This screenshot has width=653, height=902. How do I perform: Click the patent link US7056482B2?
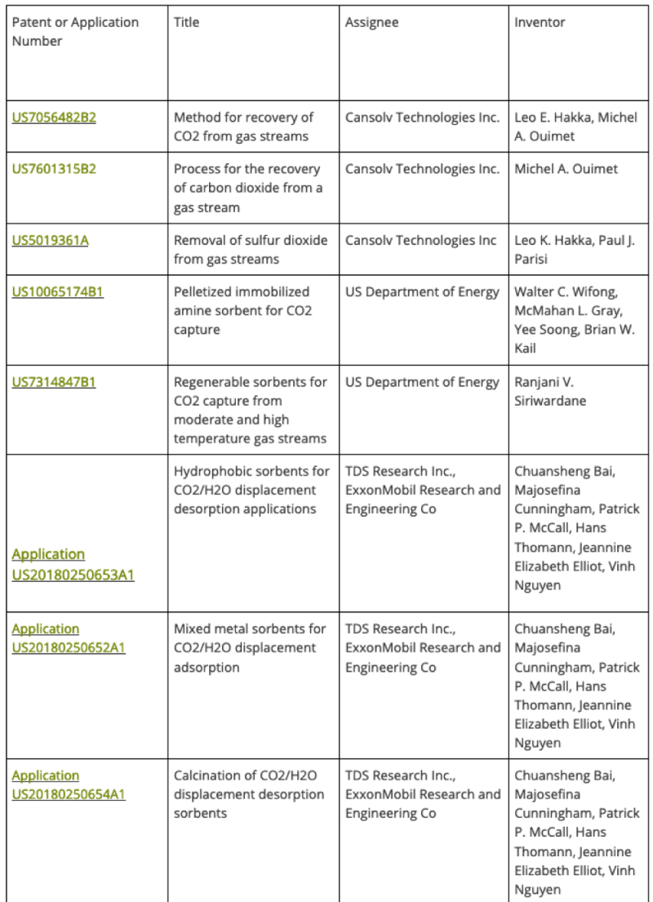pyautogui.click(x=54, y=118)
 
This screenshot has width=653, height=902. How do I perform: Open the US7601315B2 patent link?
pyautogui.click(x=54, y=169)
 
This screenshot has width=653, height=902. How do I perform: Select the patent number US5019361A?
pyautogui.click(x=51, y=240)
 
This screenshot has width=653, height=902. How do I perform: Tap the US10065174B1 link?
pyautogui.click(x=58, y=291)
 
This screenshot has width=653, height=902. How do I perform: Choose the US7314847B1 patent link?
pyautogui.click(x=54, y=382)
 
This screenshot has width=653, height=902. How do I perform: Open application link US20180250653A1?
pyautogui.click(x=73, y=565)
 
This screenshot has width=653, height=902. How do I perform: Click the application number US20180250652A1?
pyautogui.click(x=69, y=638)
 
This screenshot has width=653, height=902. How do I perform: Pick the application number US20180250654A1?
pyautogui.click(x=69, y=785)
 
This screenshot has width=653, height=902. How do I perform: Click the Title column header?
pyautogui.click(x=187, y=22)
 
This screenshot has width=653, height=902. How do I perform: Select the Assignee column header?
pyautogui.click(x=372, y=22)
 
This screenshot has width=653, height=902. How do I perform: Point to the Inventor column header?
pyautogui.click(x=540, y=22)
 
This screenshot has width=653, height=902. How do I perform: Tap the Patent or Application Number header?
pyautogui.click(x=75, y=31)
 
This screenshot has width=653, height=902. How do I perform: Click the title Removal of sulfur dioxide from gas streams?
pyautogui.click(x=251, y=250)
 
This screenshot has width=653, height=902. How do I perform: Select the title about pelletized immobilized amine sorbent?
pyautogui.click(x=243, y=311)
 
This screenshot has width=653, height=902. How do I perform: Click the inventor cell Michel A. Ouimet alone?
pyautogui.click(x=566, y=169)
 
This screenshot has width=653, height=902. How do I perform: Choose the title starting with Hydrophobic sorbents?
pyautogui.click(x=251, y=490)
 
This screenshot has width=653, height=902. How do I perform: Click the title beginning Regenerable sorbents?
pyautogui.click(x=251, y=411)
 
